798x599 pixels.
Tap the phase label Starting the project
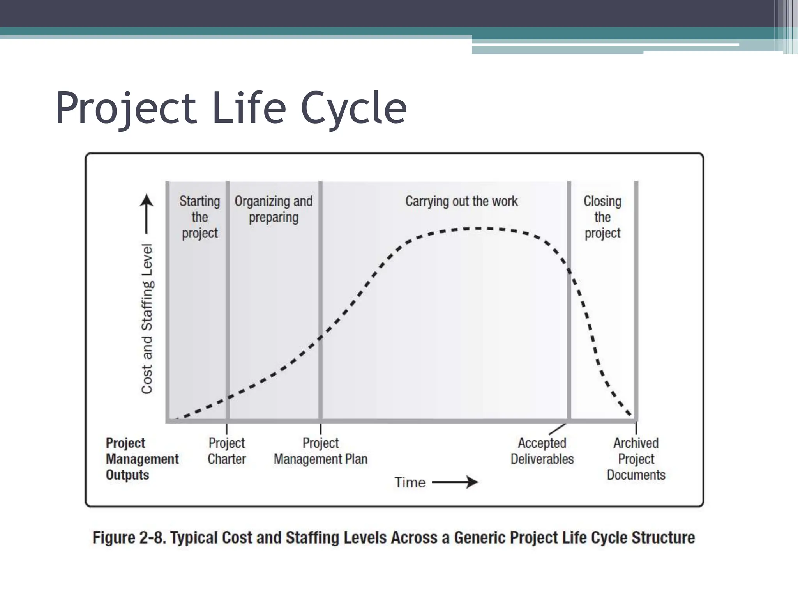pyautogui.click(x=199, y=217)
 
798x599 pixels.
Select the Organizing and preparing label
pyautogui.click(x=274, y=209)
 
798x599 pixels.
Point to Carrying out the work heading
pyautogui.click(x=461, y=201)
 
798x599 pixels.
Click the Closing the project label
pyautogui.click(x=602, y=217)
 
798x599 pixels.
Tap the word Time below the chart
pyautogui.click(x=410, y=482)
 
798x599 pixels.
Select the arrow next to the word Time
pyautogui.click(x=455, y=482)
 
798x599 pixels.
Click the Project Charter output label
pyautogui.click(x=226, y=451)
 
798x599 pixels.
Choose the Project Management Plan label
pyautogui.click(x=320, y=451)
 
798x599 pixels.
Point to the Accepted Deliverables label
pyautogui.click(x=542, y=451)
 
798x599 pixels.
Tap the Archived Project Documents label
pyautogui.click(x=636, y=459)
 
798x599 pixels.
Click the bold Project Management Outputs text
pyautogui.click(x=142, y=459)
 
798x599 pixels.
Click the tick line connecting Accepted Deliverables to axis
pyautogui.click(x=558, y=429)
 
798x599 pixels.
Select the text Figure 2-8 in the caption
pyautogui.click(x=129, y=538)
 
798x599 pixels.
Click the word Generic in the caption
pyautogui.click(x=480, y=538)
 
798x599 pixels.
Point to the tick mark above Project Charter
pyautogui.click(x=227, y=429)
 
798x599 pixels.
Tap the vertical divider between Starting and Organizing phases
pyautogui.click(x=228, y=300)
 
